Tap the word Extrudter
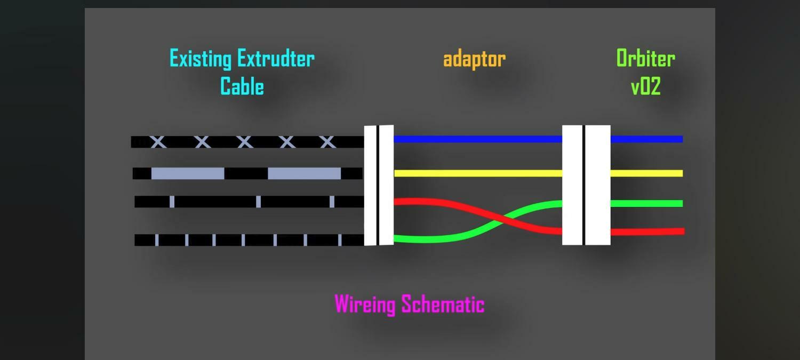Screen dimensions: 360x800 pos(276,59)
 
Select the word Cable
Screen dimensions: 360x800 pos(242,86)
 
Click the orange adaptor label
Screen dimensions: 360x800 pos(474,59)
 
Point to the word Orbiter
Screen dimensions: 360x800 pos(645,59)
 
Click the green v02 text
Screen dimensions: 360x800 pos(645,86)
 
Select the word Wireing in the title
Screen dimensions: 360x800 pos(365,304)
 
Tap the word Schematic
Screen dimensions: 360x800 pos(443,304)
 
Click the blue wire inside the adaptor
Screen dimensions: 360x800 pos(477,139)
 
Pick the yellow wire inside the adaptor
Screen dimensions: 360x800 pos(477,173)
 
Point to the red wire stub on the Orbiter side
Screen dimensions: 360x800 pos(646,231)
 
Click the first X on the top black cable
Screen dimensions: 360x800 pos(158,142)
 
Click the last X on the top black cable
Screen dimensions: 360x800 pos(327,142)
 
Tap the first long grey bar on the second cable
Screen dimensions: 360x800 pos(188,173)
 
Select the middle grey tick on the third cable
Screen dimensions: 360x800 pos(259,202)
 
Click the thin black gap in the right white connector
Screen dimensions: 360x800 pos(584,185)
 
